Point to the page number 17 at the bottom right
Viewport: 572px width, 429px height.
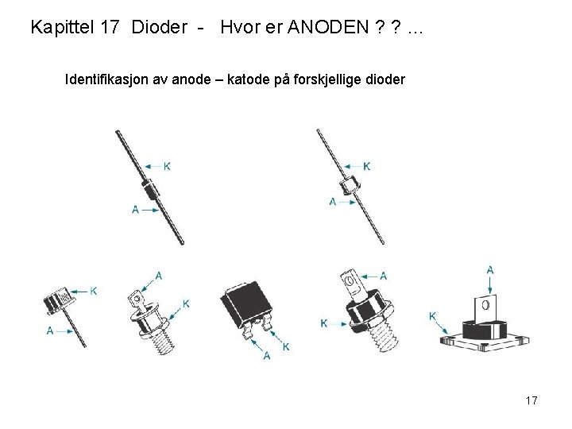[531, 400]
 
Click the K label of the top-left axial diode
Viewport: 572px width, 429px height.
[167, 166]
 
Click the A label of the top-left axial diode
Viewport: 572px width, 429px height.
[134, 209]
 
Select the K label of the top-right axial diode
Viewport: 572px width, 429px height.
[366, 166]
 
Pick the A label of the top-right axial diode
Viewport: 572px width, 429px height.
[333, 202]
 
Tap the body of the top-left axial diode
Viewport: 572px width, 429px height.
[149, 191]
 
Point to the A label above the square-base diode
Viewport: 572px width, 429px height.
[490, 269]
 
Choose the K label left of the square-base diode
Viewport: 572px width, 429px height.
[432, 315]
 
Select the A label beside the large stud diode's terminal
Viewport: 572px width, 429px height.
[384, 276]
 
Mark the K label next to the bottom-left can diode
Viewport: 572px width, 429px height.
[94, 292]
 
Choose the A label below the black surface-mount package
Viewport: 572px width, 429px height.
[266, 355]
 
